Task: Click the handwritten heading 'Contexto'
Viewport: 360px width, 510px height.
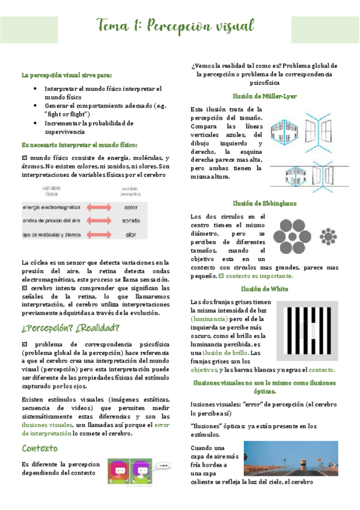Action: (40, 449)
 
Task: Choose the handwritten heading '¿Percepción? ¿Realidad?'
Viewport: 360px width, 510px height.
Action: (70, 328)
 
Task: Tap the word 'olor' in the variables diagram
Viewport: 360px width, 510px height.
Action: (130, 235)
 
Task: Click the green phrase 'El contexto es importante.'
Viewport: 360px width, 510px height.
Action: (255, 276)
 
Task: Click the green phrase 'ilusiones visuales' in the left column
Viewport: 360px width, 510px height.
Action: (47, 425)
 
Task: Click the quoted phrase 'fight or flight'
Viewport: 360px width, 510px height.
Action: (67, 114)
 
